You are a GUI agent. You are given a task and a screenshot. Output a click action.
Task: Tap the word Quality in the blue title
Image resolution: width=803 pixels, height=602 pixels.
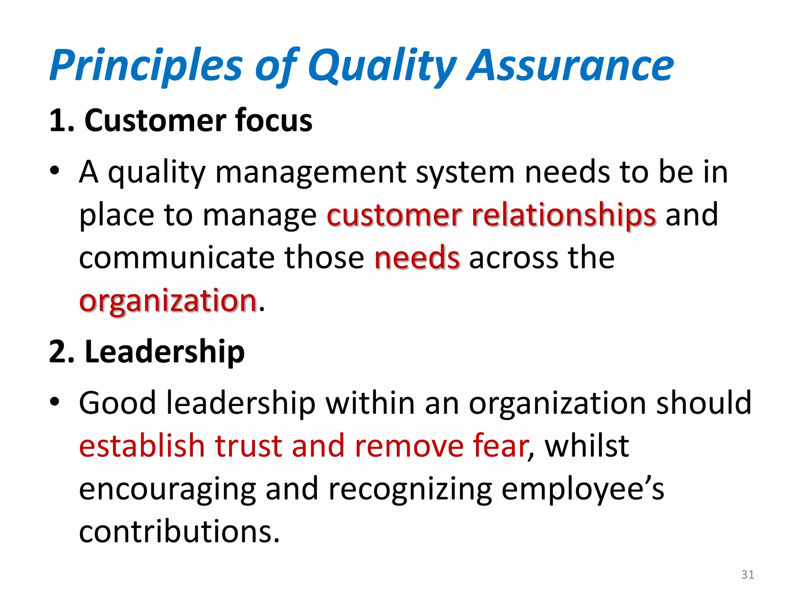[382, 66]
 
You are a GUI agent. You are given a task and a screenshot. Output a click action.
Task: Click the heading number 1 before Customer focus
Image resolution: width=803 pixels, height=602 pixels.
[58, 120]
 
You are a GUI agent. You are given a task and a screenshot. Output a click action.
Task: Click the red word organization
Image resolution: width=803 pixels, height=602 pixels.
[168, 301]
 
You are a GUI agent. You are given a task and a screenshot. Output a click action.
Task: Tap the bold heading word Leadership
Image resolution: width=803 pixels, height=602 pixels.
[165, 352]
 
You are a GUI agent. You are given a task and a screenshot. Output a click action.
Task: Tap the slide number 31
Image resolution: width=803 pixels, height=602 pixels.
[748, 575]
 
